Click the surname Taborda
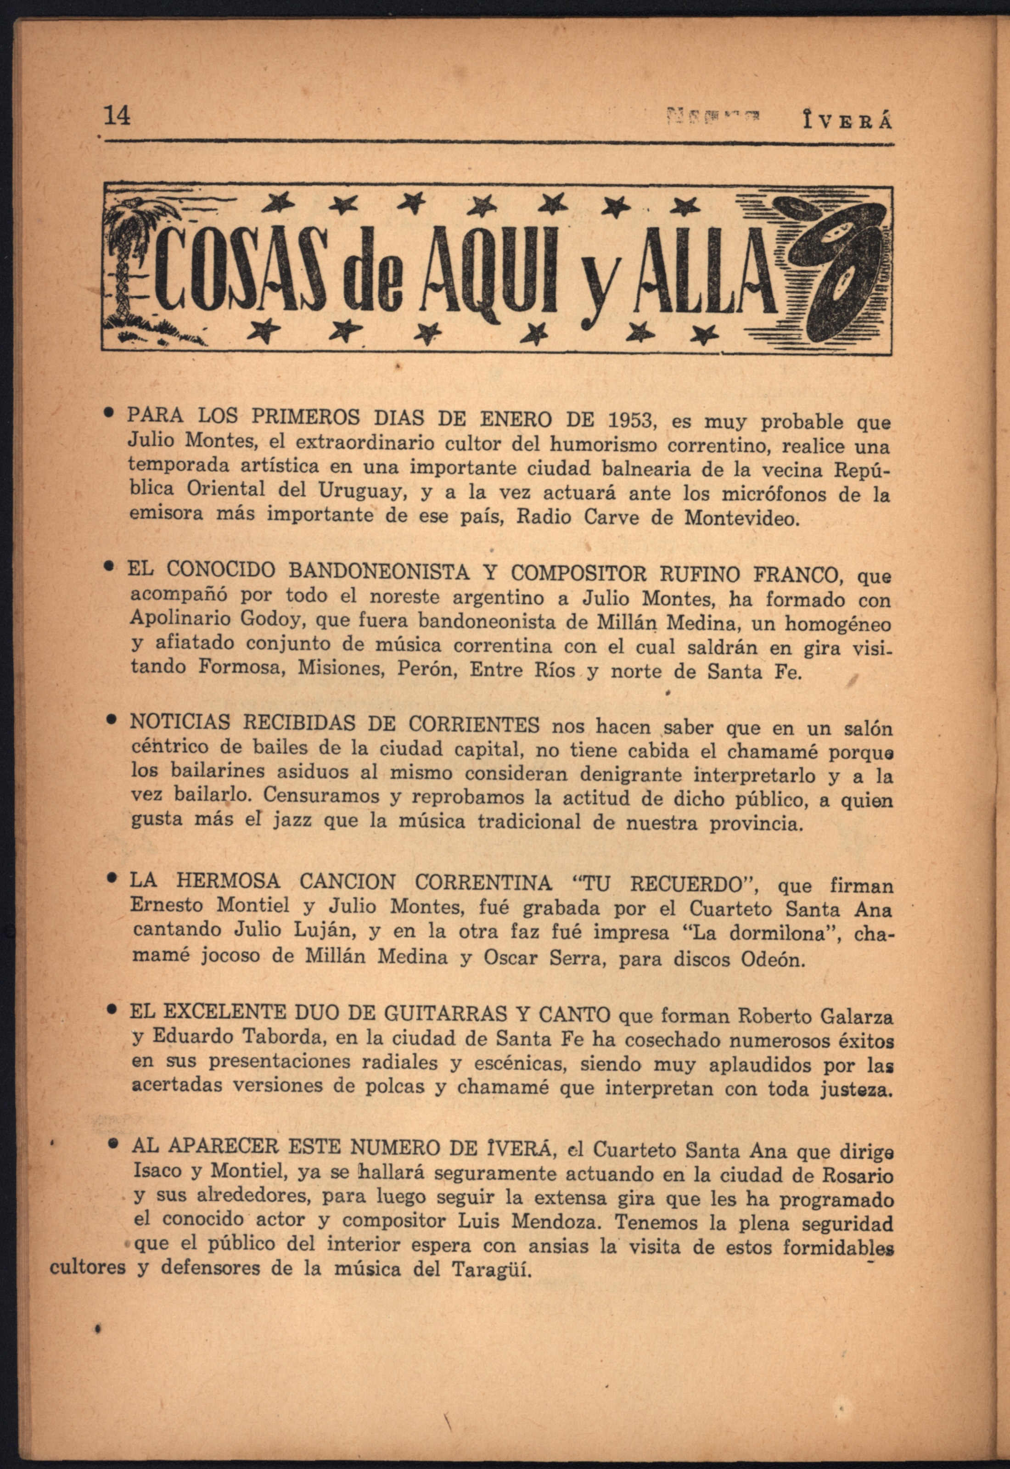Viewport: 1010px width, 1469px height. click(276, 1039)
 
